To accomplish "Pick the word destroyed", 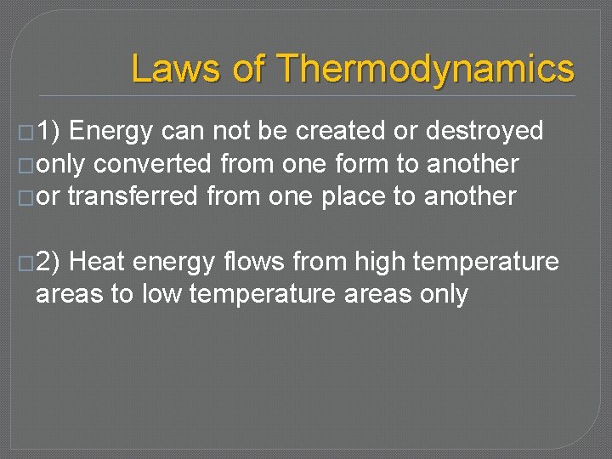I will [x=484, y=131].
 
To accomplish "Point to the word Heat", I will [x=97, y=262].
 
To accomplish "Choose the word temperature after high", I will [x=486, y=263].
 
